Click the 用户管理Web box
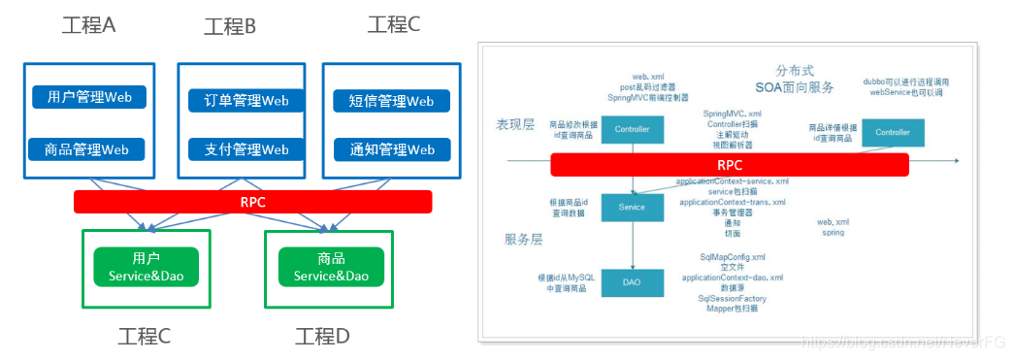pyautogui.click(x=89, y=97)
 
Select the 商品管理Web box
pyautogui.click(x=87, y=149)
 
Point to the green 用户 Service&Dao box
pyautogui.click(x=146, y=267)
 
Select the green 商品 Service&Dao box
pyautogui.click(x=331, y=267)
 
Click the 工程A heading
pyautogui.click(x=88, y=25)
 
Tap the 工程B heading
pyautogui.click(x=230, y=26)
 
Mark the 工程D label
pyautogui.click(x=322, y=336)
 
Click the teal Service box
pyautogui.click(x=632, y=206)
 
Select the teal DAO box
pyautogui.click(x=632, y=282)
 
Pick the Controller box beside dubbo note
pyautogui.click(x=893, y=132)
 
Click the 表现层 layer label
pyautogui.click(x=515, y=124)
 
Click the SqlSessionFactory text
pyautogui.click(x=733, y=298)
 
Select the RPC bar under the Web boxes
pyautogui.click(x=252, y=202)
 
